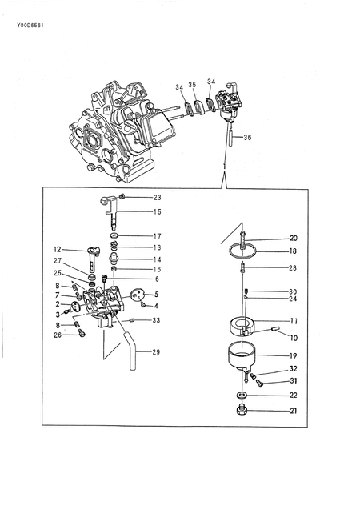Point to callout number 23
tap(157, 197)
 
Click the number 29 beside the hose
tap(155, 351)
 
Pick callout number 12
tap(58, 250)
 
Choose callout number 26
tap(58, 335)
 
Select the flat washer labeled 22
tap(241, 396)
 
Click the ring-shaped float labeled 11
tap(242, 326)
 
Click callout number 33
tap(155, 320)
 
